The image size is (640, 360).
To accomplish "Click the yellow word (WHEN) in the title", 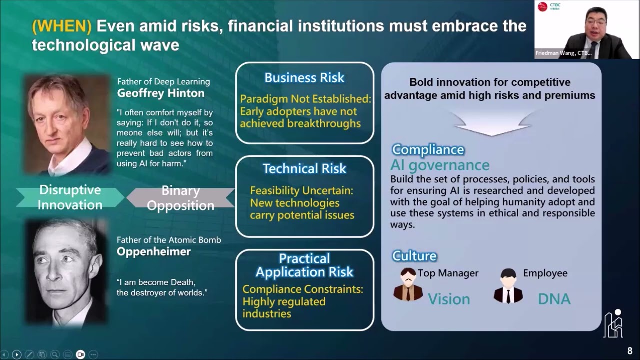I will click(x=62, y=26).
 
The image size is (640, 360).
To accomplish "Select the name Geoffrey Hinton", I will click(x=160, y=93).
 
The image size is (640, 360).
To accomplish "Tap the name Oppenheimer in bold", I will click(x=153, y=251).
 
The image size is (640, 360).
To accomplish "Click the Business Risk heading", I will click(x=304, y=78).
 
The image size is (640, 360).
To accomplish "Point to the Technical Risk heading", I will click(x=304, y=169).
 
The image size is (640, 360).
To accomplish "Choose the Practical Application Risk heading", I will click(x=304, y=265).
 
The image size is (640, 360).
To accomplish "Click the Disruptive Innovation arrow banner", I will click(x=70, y=197).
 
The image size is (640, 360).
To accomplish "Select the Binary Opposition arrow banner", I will click(x=180, y=198).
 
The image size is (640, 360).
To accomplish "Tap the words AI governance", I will click(x=439, y=165).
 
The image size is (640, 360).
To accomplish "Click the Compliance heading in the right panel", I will click(x=428, y=149).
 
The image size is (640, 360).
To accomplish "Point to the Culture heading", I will click(x=414, y=256).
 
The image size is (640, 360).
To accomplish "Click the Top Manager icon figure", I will click(x=408, y=285).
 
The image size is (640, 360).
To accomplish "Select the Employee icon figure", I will click(x=508, y=286).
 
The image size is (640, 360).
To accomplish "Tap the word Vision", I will click(x=448, y=299).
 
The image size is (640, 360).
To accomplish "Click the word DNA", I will click(x=554, y=299).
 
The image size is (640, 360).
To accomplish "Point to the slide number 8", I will click(x=630, y=351).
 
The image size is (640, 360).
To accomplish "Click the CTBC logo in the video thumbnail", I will click(x=543, y=7).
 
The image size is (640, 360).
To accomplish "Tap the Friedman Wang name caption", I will click(x=563, y=53).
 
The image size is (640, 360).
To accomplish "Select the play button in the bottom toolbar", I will click(x=16, y=354).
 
